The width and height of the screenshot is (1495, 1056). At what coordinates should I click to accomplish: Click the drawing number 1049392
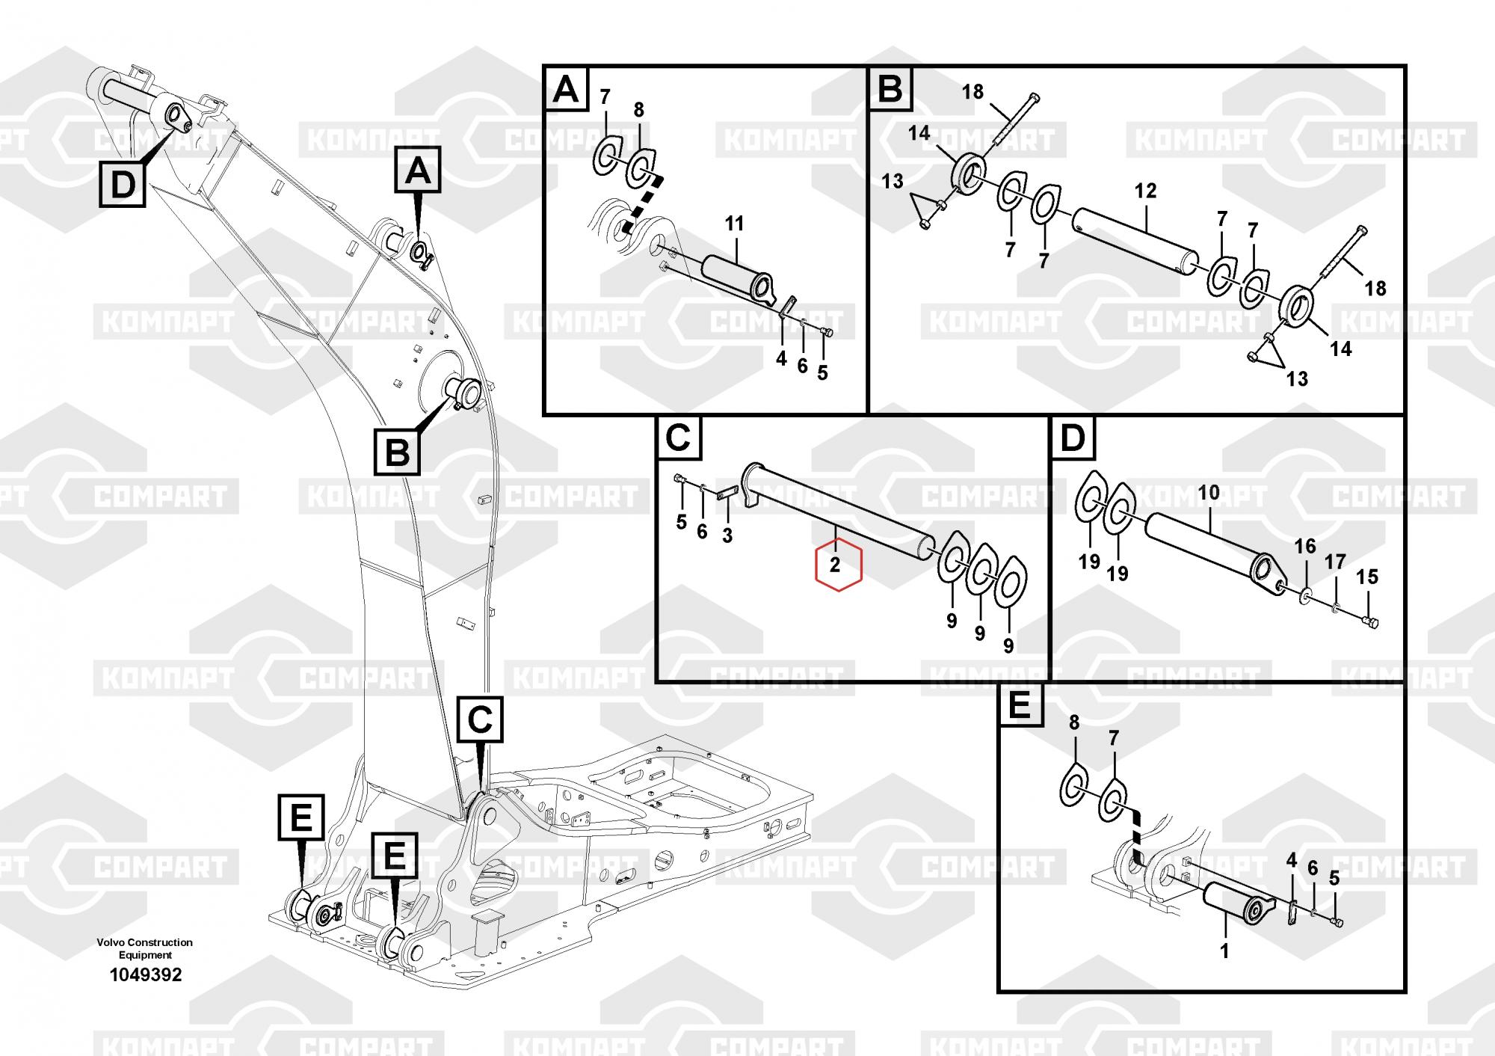point(146,975)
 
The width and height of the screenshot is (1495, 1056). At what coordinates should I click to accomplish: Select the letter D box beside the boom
point(122,184)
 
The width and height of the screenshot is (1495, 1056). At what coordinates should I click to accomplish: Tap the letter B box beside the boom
point(397,452)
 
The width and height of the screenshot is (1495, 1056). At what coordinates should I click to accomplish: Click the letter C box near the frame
point(479,719)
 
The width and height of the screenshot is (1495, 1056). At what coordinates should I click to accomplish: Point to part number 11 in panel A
point(735,223)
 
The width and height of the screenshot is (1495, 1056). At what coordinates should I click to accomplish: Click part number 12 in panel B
point(1145,191)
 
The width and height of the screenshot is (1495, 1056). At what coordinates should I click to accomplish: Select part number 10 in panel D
point(1209,492)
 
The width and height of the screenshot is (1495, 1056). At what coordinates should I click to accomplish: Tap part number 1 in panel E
point(1224,951)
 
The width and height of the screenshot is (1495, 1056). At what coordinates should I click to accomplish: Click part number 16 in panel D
point(1305,547)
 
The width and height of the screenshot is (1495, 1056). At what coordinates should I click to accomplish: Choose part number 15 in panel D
point(1367,577)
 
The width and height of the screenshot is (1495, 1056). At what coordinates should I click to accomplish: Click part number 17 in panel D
point(1336,561)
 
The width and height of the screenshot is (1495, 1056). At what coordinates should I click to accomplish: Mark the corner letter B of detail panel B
point(890,89)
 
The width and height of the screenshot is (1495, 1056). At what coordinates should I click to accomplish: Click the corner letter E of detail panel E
point(1020,705)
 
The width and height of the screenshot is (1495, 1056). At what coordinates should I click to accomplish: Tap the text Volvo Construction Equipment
point(144,948)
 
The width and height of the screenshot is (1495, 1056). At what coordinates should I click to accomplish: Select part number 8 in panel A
point(638,110)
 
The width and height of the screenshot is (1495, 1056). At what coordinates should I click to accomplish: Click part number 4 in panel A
point(781,359)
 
